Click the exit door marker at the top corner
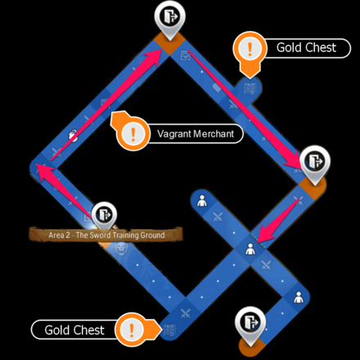(169, 19)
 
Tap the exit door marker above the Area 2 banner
(104, 215)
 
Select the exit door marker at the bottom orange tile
(250, 323)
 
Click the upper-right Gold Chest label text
(306, 47)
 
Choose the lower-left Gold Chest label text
(74, 330)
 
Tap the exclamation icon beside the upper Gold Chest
(250, 48)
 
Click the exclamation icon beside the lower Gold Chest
(132, 330)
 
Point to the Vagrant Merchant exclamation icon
(133, 133)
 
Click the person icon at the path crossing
(250, 249)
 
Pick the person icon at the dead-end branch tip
(202, 200)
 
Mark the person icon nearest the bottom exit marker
(299, 297)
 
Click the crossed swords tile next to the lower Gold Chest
(186, 313)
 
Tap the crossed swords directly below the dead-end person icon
(218, 217)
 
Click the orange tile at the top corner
(169, 43)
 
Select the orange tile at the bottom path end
(251, 346)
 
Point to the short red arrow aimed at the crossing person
(278, 220)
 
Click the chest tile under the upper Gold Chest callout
(250, 89)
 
